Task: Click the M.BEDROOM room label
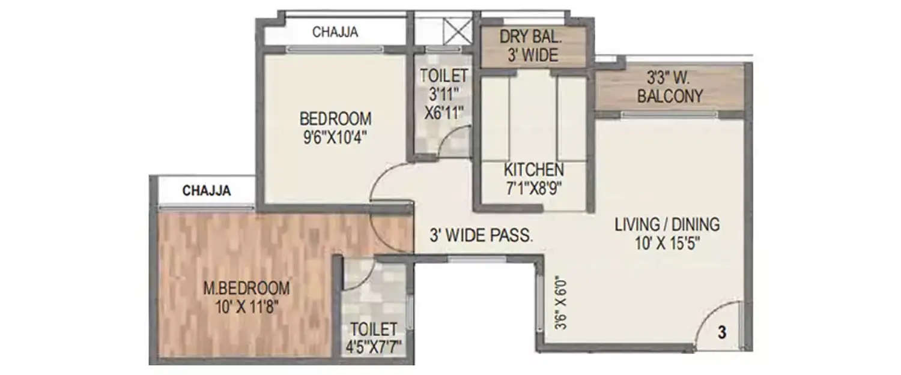(246, 288)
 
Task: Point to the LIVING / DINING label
(667, 225)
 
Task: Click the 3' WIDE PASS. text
(481, 235)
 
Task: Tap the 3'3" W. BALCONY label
(670, 87)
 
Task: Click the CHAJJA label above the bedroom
(335, 32)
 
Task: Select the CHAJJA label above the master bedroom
(207, 191)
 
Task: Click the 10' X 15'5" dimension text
(667, 244)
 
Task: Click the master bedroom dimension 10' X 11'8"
(246, 307)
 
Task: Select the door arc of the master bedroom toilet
(357, 273)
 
